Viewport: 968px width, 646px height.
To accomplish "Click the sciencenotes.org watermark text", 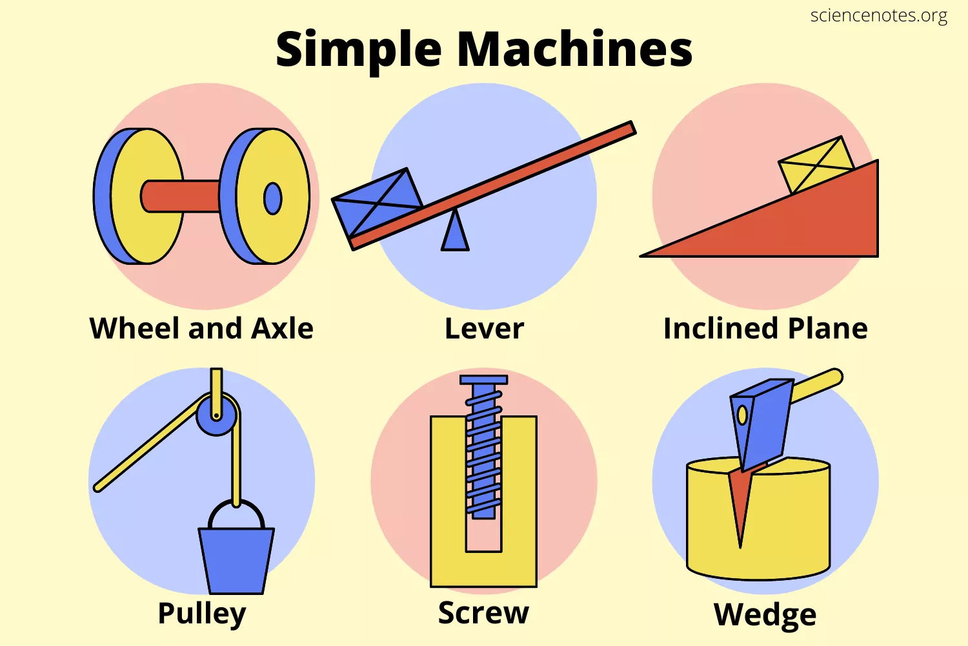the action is (x=878, y=16).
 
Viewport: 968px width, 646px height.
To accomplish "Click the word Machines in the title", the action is (x=575, y=49).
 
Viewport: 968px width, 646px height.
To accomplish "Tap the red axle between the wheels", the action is (x=180, y=196).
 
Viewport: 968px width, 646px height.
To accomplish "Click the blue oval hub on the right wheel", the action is (x=273, y=198).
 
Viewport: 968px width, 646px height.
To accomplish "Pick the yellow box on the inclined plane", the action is (x=816, y=165).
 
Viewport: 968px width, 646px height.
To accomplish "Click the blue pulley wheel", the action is (x=216, y=415).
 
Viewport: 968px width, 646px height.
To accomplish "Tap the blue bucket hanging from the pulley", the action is (x=236, y=560).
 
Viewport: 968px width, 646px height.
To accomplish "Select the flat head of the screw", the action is (x=483, y=380).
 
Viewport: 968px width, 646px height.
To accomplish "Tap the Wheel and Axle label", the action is (x=201, y=328).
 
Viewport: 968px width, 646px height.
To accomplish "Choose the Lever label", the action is (x=484, y=328).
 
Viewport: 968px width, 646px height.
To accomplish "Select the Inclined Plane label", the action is (x=765, y=328).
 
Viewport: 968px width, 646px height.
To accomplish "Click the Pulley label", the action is (x=202, y=614).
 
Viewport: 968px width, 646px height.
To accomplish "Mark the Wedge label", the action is (x=765, y=615).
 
